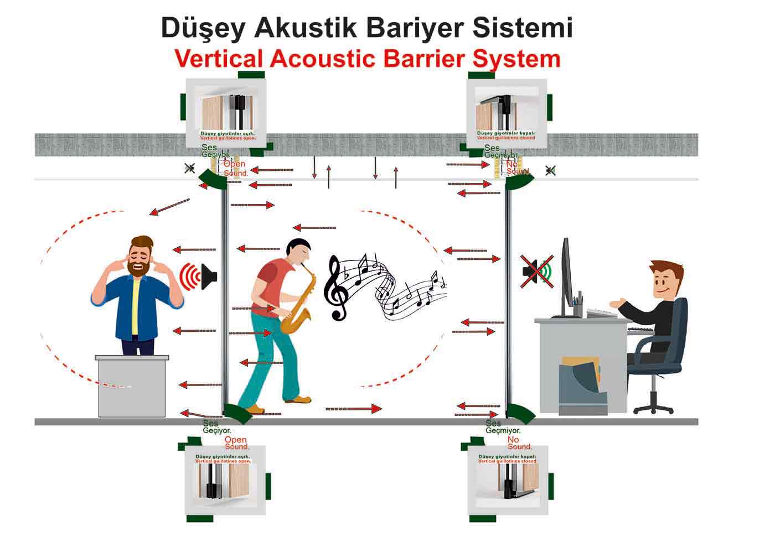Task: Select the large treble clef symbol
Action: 336,288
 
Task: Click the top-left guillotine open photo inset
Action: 227,113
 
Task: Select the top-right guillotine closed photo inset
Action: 507,113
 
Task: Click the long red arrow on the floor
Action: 354,409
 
